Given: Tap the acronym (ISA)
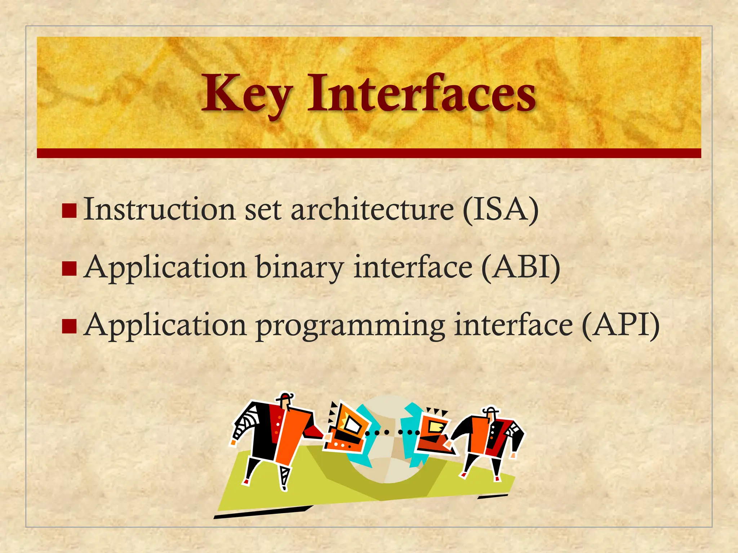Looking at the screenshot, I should click(x=501, y=210).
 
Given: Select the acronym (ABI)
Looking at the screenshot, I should click(x=521, y=267).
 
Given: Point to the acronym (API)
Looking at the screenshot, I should click(x=621, y=325).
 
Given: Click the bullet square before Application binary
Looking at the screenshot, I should click(x=69, y=269).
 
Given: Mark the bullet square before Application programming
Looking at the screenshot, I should click(x=69, y=326).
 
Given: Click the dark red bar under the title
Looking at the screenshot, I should click(x=369, y=153).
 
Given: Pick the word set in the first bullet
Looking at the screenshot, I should click(x=263, y=210).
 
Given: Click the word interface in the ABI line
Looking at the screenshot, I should click(x=413, y=267).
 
